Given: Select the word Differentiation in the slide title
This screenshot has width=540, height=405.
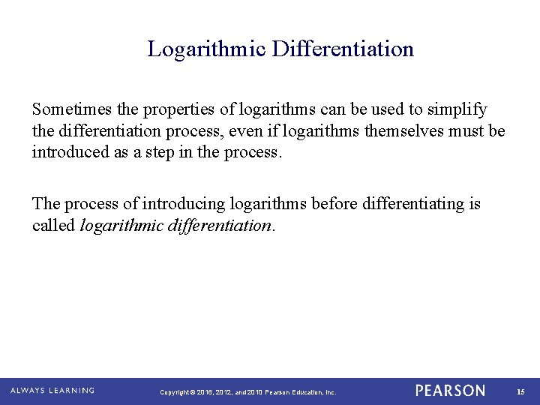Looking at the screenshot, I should click(343, 49).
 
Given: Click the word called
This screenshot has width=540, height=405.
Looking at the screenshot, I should click(53, 226).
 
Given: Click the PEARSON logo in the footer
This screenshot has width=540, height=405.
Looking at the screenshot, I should click(450, 391).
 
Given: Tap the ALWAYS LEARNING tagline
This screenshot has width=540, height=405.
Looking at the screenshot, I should click(52, 391).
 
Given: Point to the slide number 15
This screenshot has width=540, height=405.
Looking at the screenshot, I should click(520, 391).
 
